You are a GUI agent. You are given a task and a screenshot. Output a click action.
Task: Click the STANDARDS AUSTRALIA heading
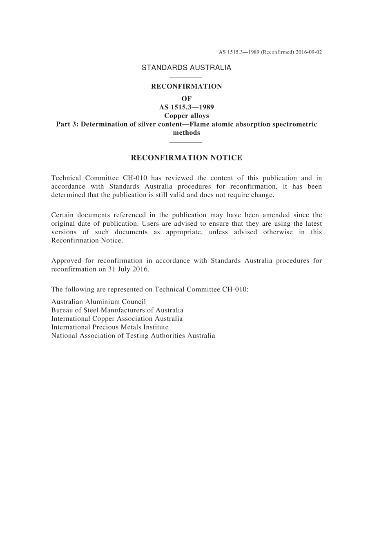(186, 68)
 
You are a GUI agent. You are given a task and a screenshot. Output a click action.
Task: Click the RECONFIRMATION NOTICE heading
(186, 158)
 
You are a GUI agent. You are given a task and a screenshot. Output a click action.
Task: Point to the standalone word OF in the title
(186, 98)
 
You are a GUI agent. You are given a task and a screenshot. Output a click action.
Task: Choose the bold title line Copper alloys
(186, 116)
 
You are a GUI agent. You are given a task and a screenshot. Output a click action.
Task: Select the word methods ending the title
(186, 133)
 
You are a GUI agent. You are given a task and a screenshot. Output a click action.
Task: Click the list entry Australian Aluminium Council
(98, 302)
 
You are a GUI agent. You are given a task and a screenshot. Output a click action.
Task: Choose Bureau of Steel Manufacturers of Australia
(117, 310)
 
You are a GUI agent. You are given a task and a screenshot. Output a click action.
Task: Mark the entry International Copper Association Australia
(117, 318)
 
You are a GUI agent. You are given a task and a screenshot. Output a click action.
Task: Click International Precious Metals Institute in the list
(110, 327)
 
